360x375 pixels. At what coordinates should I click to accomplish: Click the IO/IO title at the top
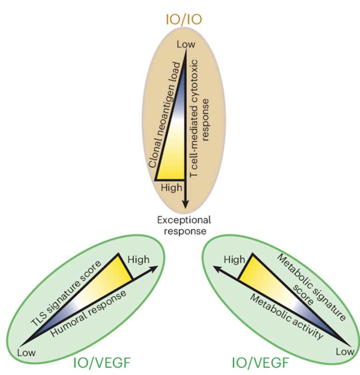click(184, 20)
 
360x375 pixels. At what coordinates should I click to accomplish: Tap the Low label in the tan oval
click(186, 44)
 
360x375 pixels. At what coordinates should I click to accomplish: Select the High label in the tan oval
click(172, 188)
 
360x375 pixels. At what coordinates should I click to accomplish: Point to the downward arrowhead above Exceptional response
click(185, 204)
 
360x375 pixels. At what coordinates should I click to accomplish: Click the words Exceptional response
click(184, 225)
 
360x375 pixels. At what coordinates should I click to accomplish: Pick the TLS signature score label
click(66, 293)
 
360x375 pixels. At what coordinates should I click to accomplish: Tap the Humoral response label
click(88, 314)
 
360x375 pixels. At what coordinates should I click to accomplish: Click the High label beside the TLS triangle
click(138, 260)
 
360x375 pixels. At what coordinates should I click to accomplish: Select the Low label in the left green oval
click(26, 352)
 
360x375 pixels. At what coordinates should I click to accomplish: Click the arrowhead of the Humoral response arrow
click(154, 268)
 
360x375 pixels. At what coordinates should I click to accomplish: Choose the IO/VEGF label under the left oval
click(102, 363)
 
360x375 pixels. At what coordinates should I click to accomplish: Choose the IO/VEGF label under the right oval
click(260, 363)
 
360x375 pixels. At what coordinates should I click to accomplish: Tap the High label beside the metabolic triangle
click(234, 260)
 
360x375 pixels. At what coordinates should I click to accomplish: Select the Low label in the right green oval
click(345, 352)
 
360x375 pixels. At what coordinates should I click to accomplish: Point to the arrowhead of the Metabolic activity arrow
click(217, 269)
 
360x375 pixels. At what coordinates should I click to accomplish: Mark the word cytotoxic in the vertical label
click(194, 81)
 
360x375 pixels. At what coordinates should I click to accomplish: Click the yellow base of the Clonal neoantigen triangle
click(170, 179)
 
